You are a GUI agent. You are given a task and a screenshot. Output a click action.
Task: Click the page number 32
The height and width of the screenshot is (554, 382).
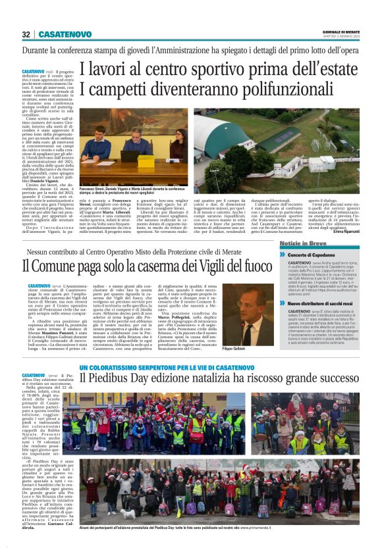coord(26,34)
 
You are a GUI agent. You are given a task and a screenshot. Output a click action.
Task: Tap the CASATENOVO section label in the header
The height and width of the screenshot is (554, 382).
coord(65,34)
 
